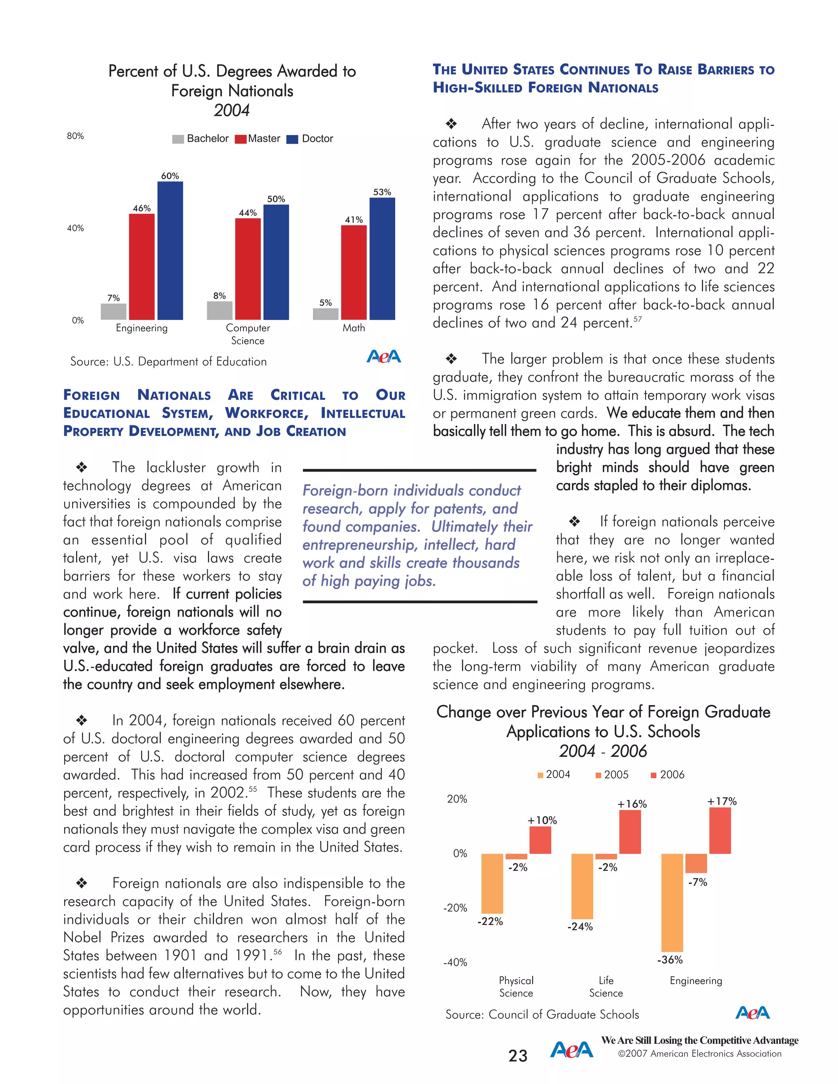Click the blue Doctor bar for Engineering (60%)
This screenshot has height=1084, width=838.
[x=170, y=251]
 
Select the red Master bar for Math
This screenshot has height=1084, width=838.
[x=354, y=272]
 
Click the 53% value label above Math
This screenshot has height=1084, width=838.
[x=382, y=192]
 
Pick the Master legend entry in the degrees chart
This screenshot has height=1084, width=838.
[x=258, y=139]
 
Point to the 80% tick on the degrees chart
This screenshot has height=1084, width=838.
[x=75, y=136]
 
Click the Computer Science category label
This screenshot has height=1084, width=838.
[x=248, y=334]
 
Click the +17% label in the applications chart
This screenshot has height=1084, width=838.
[x=722, y=801]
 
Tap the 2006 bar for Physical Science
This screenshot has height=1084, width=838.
[x=540, y=840]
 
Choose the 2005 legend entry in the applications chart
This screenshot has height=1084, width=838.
[x=612, y=775]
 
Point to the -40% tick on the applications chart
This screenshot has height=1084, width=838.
[x=455, y=963]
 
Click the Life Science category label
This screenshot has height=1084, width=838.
[x=606, y=987]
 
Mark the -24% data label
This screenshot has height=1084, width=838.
[x=580, y=927]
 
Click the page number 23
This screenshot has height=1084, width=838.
[x=518, y=1056]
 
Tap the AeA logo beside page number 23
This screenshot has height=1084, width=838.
[x=571, y=1050]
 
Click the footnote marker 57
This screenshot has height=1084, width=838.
[x=638, y=319]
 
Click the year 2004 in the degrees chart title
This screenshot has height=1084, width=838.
[x=232, y=110]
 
